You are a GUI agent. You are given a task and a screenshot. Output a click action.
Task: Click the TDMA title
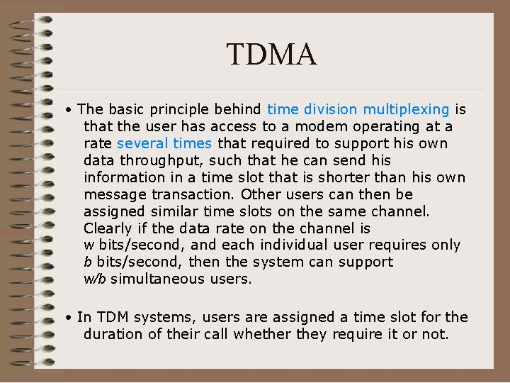click(271, 55)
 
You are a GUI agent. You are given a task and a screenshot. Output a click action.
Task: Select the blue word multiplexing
click(406, 109)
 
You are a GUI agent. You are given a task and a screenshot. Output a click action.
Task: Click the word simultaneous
click(158, 279)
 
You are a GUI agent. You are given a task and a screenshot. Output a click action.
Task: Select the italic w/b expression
click(95, 279)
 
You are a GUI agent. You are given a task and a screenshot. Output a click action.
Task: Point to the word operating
click(383, 126)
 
